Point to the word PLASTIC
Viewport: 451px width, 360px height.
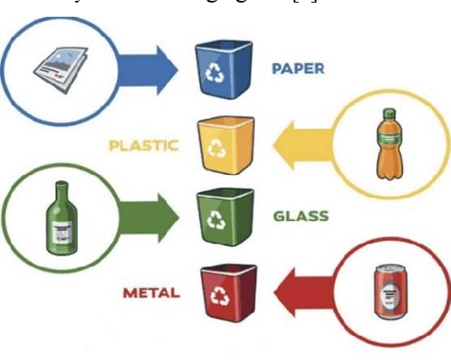pos(144,143)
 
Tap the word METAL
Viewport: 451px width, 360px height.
pos(151,292)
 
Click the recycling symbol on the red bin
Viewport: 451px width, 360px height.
pos(221,294)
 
